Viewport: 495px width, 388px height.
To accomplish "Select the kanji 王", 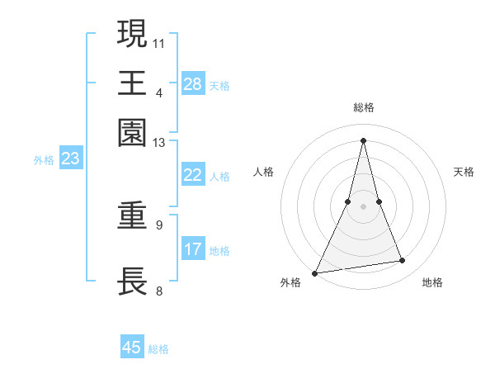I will (x=132, y=83).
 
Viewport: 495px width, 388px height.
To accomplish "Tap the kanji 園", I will (x=132, y=133).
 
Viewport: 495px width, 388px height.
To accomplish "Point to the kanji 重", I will (x=132, y=216).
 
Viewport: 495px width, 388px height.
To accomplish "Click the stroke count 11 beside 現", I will (x=159, y=42).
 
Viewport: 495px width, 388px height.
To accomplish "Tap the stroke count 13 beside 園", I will (x=159, y=143).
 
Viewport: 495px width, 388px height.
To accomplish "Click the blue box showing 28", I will (x=193, y=83).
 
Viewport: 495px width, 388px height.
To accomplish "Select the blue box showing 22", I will (x=193, y=175).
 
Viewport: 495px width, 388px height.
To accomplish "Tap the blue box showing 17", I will (x=193, y=248).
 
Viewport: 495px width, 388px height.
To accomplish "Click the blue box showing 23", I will (x=70, y=159).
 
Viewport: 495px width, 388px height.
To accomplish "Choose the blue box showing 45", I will (x=132, y=348).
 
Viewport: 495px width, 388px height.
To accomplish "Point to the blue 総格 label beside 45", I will (x=158, y=349).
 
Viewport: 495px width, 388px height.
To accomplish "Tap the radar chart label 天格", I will (x=464, y=172).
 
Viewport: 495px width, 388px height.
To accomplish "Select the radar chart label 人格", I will (x=263, y=172).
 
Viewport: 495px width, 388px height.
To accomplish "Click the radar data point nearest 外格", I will (x=315, y=273).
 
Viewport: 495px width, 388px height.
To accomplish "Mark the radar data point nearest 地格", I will (x=403, y=261).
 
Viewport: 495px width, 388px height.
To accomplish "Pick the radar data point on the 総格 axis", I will (x=363, y=140).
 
